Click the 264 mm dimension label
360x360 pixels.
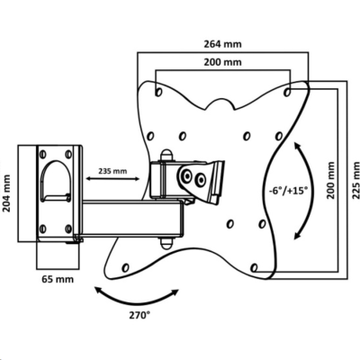tap(222, 44)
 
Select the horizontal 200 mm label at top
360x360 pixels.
tap(222, 62)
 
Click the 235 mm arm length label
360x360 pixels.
tap(112, 171)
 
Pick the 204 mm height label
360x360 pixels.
tap(6, 193)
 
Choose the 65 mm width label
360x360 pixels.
tap(58, 279)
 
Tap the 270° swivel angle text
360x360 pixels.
tap(139, 315)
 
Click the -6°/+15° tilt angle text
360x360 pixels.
tap(289, 191)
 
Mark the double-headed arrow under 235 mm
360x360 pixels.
tap(112, 179)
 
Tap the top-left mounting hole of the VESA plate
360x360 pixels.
tap(158, 92)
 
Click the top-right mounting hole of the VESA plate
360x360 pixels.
tap(287, 92)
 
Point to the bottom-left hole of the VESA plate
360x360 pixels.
tap(126, 267)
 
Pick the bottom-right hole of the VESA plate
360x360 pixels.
tap(254, 267)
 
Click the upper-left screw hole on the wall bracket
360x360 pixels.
tap(43, 154)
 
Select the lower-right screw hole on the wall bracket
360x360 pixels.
tap(68, 229)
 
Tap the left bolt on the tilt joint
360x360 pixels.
tap(187, 175)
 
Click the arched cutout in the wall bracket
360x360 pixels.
tap(56, 161)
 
